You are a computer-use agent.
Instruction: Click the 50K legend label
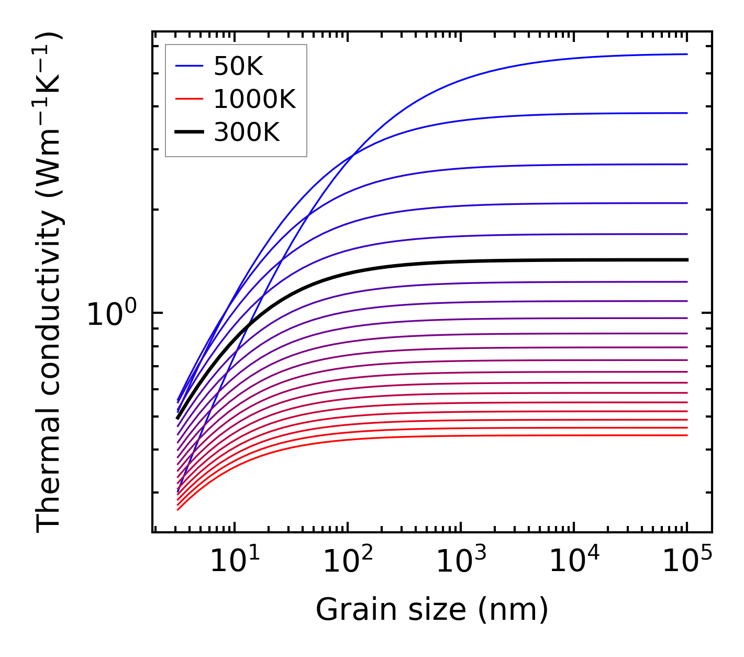pyautogui.click(x=238, y=67)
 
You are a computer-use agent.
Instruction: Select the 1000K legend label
pyautogui.click(x=254, y=99)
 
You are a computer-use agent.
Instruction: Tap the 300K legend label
pyautogui.click(x=247, y=133)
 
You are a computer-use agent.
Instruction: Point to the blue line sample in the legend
pyautogui.click(x=188, y=66)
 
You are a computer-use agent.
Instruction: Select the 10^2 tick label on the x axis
pyautogui.click(x=348, y=561)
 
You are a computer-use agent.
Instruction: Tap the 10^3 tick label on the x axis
pyautogui.click(x=461, y=561)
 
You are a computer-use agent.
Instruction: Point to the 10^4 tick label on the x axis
pyautogui.click(x=574, y=561)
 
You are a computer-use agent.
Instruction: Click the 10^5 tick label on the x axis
pyautogui.click(x=687, y=561)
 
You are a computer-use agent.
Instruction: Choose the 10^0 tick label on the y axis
pyautogui.click(x=112, y=314)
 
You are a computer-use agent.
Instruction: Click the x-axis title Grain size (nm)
pyautogui.click(x=432, y=610)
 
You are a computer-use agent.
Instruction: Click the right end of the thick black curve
pyautogui.click(x=687, y=260)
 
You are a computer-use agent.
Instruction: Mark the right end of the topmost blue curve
pyautogui.click(x=687, y=54)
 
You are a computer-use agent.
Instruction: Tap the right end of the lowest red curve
pyautogui.click(x=687, y=435)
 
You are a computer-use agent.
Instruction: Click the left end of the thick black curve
pyautogui.click(x=178, y=418)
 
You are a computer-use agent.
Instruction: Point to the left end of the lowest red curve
pyautogui.click(x=178, y=509)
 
